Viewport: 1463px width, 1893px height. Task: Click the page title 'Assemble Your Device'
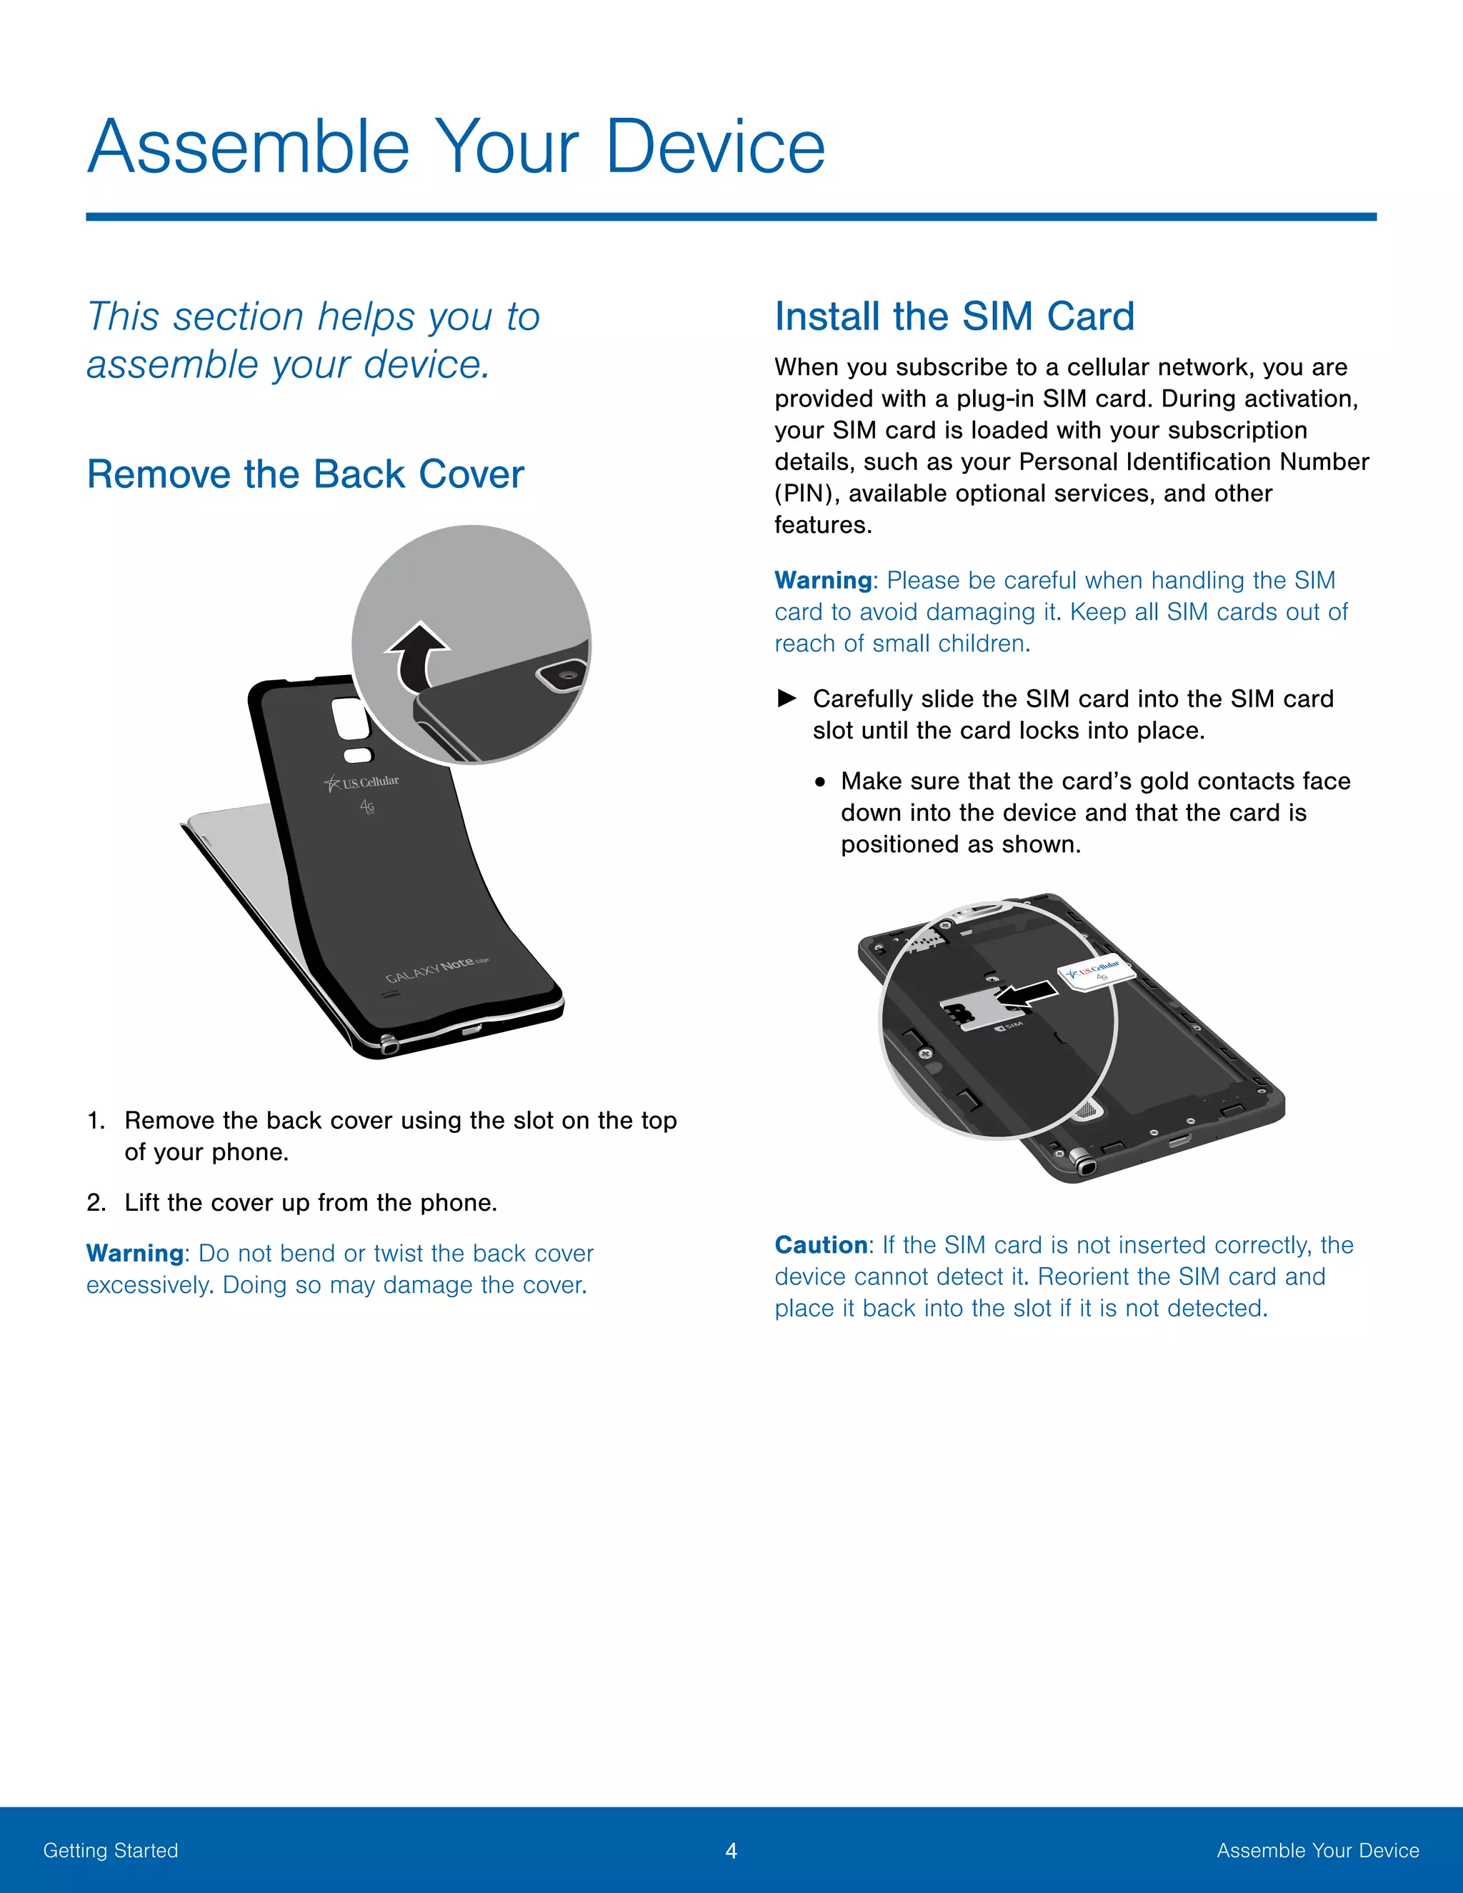(x=456, y=146)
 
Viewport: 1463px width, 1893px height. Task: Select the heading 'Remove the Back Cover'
(x=305, y=474)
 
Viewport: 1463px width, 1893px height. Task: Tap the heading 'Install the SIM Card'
(x=954, y=316)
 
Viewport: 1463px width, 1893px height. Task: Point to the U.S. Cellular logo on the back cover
(x=362, y=783)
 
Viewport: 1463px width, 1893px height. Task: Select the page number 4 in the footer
(x=731, y=1851)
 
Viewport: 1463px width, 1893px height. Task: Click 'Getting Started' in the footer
(x=111, y=1851)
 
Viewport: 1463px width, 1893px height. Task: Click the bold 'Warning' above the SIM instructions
(x=822, y=580)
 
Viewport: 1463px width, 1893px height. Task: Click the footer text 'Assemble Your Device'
(x=1317, y=1851)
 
